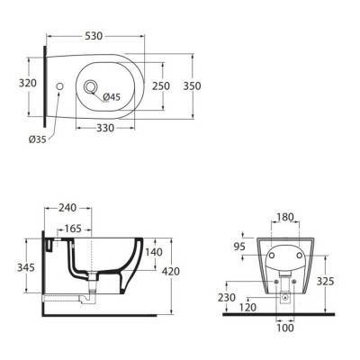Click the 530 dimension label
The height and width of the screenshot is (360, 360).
coord(94,36)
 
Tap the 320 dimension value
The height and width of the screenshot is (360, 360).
coord(28,83)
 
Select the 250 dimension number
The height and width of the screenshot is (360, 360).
coord(161,86)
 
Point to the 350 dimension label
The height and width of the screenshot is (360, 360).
coord(192,86)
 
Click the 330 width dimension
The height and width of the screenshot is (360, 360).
coord(105,128)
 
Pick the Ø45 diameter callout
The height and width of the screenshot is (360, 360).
coord(112,97)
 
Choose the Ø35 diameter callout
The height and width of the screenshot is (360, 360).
coord(38,139)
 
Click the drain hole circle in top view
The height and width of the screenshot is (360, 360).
coord(90,87)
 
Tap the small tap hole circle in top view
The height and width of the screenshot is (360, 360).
coord(59,86)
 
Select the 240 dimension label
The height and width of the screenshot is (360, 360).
coord(67,208)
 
